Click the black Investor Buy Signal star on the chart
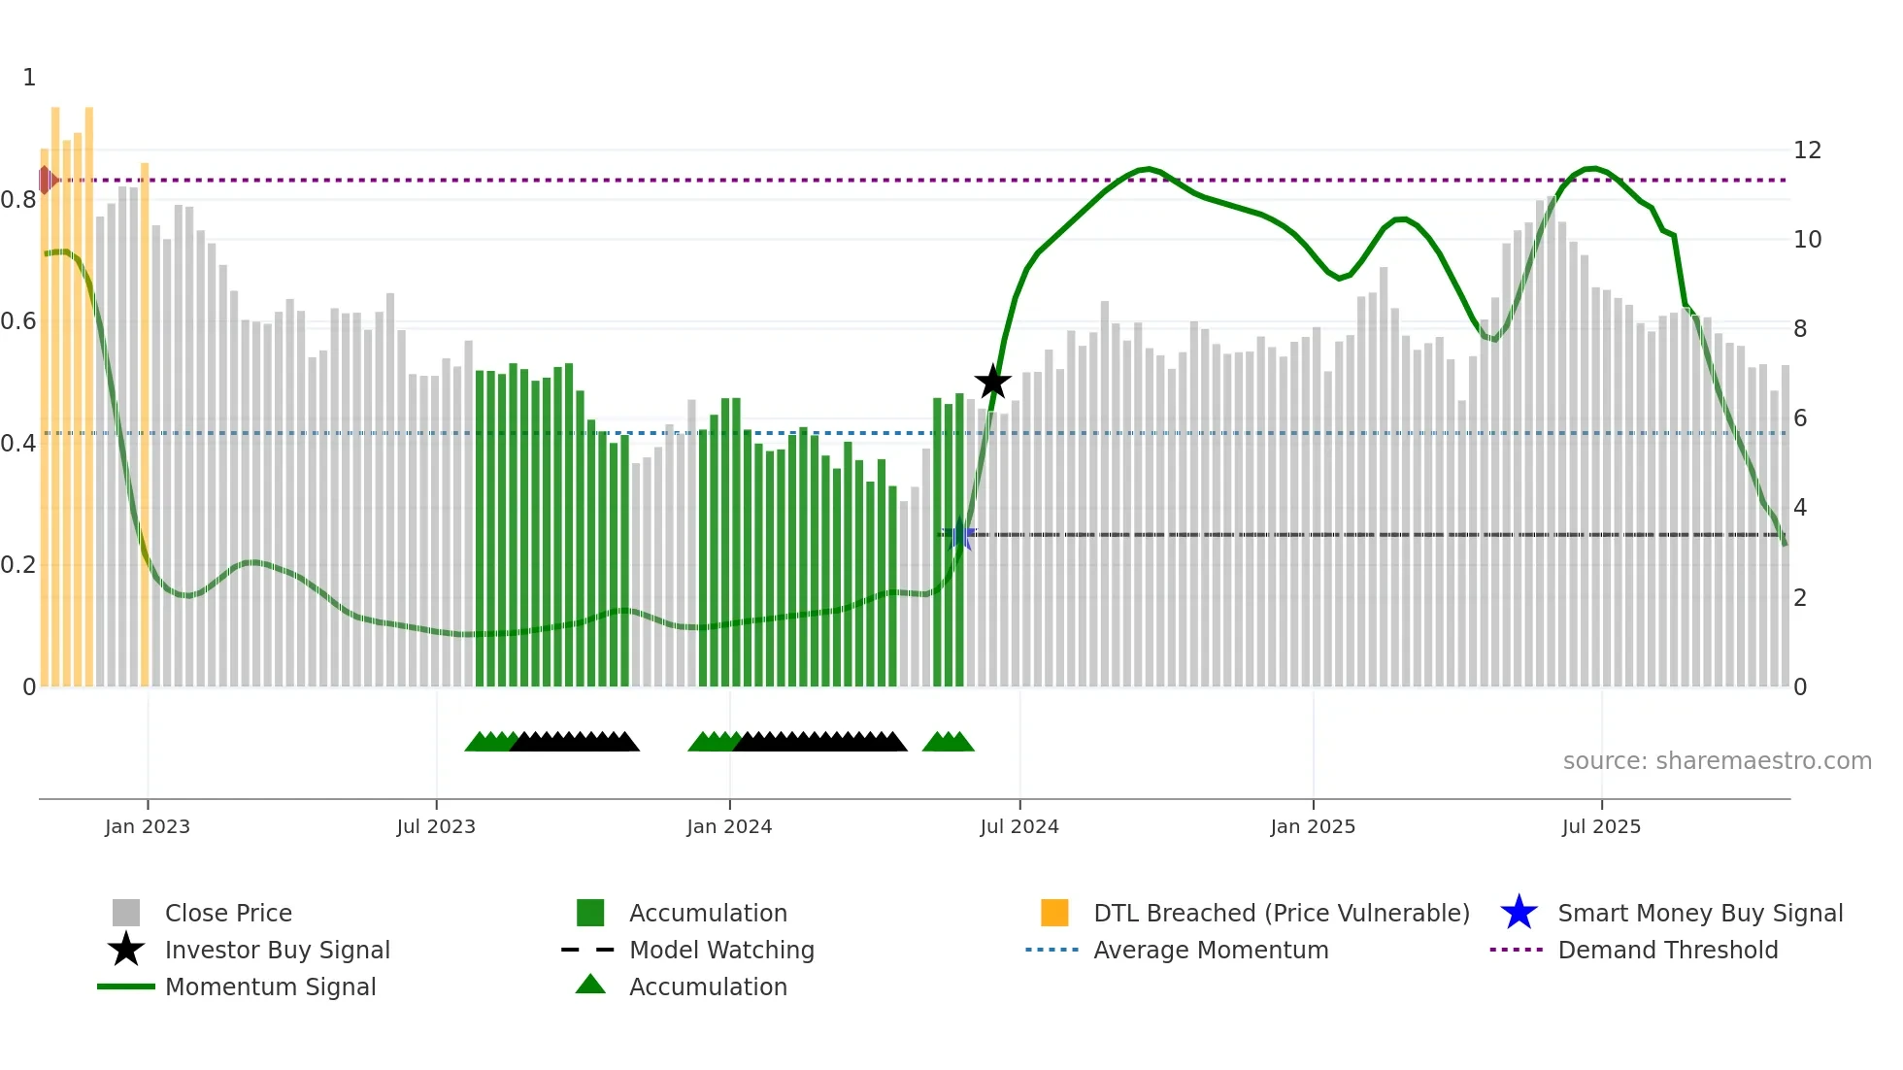coord(992,382)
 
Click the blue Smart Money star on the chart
coord(960,534)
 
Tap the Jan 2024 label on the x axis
coord(729,827)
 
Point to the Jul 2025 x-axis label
coord(1601,827)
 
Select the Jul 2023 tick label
coord(436,827)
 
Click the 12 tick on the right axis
coord(1807,150)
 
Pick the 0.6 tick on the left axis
coord(18,321)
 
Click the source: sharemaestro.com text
coord(1717,761)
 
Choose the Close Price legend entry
coord(228,914)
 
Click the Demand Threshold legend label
coord(1667,951)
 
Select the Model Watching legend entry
coord(721,951)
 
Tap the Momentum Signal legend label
coord(270,987)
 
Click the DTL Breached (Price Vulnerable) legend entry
coord(1281,914)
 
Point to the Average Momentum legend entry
coord(1211,951)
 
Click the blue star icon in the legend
coord(1519,913)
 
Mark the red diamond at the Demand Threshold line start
coord(46,180)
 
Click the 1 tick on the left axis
coord(29,78)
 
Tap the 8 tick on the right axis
coord(1800,329)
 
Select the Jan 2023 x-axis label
coord(148,827)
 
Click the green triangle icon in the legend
coord(590,986)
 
